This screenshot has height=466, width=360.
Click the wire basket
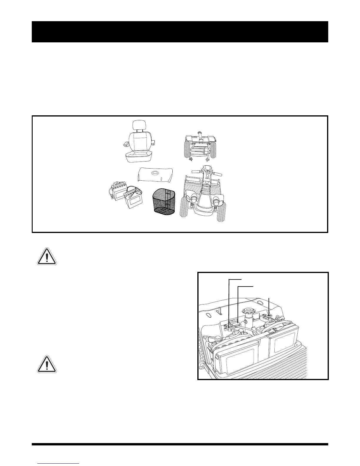[x=163, y=200]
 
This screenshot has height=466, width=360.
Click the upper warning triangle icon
[x=47, y=256]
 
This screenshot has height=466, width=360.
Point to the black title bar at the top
[x=180, y=32]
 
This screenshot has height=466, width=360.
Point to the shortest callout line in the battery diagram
[x=269, y=307]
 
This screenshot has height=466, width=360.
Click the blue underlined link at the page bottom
[x=59, y=463]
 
